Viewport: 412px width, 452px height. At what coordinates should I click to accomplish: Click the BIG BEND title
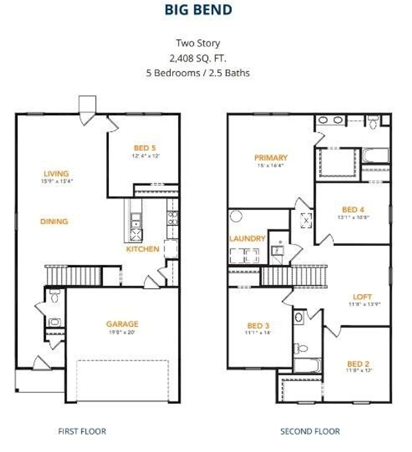pos(198,10)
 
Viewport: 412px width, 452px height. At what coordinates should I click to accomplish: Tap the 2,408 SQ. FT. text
pos(198,58)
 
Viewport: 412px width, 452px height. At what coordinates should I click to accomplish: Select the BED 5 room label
pos(145,148)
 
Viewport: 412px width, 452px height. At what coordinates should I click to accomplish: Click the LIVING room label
pos(56,174)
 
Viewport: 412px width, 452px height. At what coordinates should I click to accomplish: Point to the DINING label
pos(54,221)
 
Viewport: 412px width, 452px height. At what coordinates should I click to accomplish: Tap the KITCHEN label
pos(143,249)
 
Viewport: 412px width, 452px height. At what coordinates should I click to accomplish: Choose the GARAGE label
pos(122,324)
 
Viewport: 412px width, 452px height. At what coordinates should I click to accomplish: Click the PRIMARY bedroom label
pos(271,158)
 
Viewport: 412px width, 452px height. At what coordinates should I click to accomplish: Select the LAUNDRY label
pos(247,239)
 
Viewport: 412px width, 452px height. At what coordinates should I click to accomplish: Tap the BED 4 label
pos(353,210)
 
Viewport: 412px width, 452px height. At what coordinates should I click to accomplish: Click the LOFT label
pos(362,297)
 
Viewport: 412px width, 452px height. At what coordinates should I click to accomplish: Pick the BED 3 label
pos(258,326)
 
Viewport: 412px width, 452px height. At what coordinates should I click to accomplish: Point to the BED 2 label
pos(358,364)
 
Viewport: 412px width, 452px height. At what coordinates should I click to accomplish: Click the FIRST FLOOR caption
pos(82,431)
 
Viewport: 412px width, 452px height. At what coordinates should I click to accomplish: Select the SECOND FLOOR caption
pos(310,431)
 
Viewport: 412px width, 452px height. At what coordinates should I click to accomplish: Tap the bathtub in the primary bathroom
pos(375,156)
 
